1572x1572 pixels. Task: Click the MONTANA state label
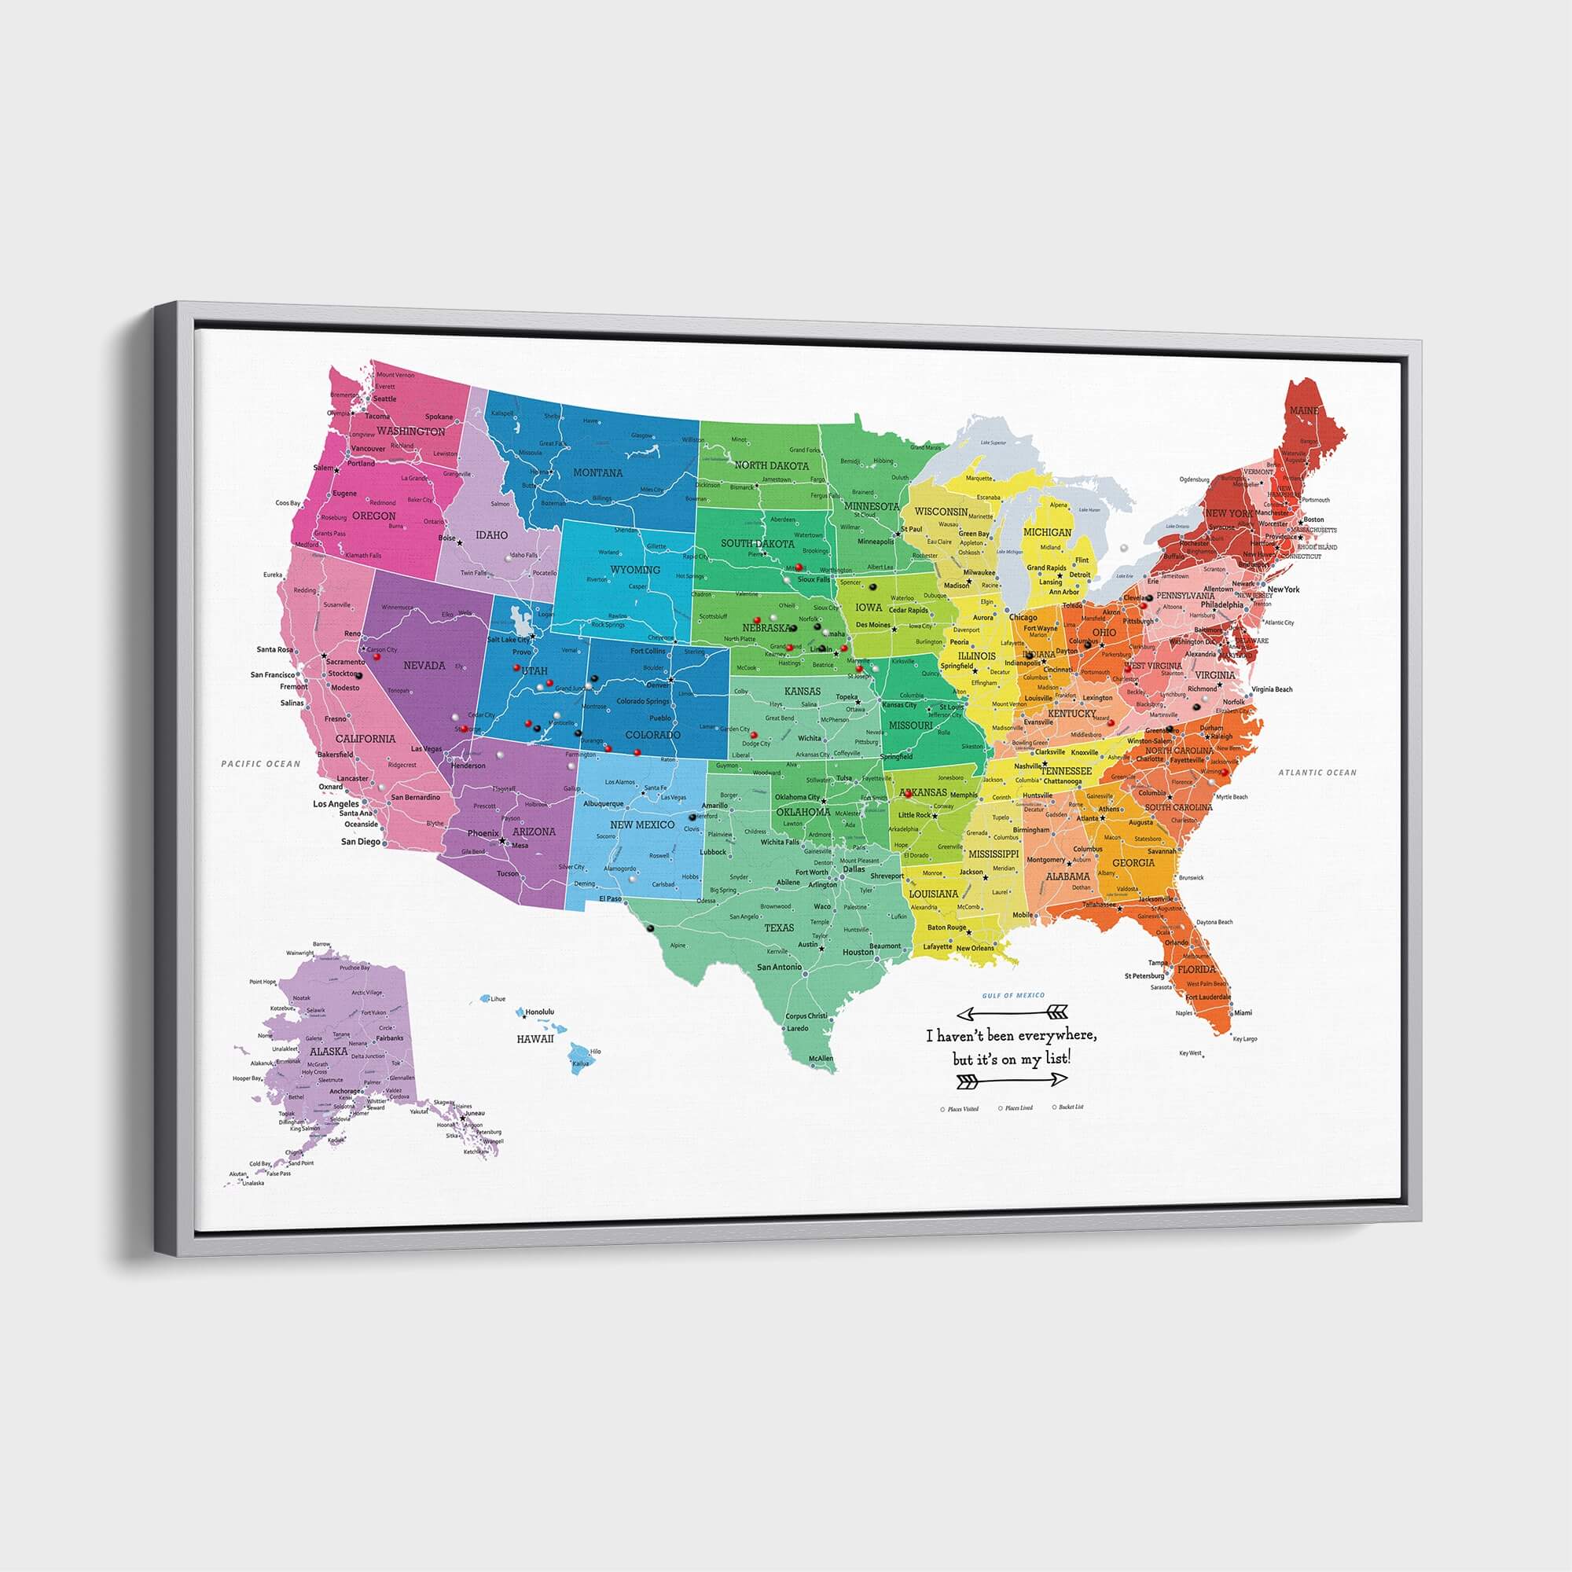tap(598, 472)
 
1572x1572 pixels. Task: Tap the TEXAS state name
tap(779, 927)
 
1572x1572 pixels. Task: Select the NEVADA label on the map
tap(424, 666)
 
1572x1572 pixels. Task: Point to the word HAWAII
tap(535, 1039)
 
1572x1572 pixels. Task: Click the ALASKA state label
tap(329, 1051)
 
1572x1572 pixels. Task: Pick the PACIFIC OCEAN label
tap(261, 764)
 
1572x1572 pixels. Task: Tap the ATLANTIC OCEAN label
tap(1317, 772)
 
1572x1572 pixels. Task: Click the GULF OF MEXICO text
tap(1013, 995)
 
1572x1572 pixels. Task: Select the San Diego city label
tap(361, 841)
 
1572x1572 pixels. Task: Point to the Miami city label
tap(1243, 1013)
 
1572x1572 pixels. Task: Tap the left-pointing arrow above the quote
tap(1012, 1013)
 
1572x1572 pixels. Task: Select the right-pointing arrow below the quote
tap(1012, 1080)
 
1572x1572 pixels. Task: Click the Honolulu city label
tap(539, 1012)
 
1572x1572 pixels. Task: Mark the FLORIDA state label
tap(1197, 969)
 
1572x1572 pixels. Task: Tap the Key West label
tap(1190, 1053)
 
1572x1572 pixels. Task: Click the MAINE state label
tap(1303, 411)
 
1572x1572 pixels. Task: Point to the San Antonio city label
tap(779, 967)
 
